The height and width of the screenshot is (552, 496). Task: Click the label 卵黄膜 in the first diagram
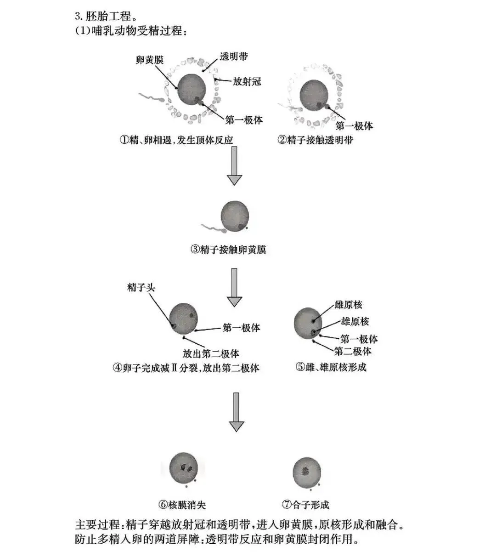tap(150, 61)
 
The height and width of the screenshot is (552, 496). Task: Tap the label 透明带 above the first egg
tap(234, 57)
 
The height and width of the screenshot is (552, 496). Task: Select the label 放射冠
tap(247, 82)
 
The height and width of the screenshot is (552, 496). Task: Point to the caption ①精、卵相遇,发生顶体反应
tap(176, 140)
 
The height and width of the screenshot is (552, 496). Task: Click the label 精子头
tap(141, 288)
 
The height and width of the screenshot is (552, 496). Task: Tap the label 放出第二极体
tap(211, 354)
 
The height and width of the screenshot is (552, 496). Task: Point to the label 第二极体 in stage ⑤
tap(353, 352)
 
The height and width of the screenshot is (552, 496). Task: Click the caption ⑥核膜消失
tap(182, 505)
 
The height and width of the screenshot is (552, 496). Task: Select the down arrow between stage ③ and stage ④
tap(234, 287)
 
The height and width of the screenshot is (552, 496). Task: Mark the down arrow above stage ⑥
tap(236, 412)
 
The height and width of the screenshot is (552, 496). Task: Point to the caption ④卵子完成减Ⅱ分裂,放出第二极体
tap(186, 368)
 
